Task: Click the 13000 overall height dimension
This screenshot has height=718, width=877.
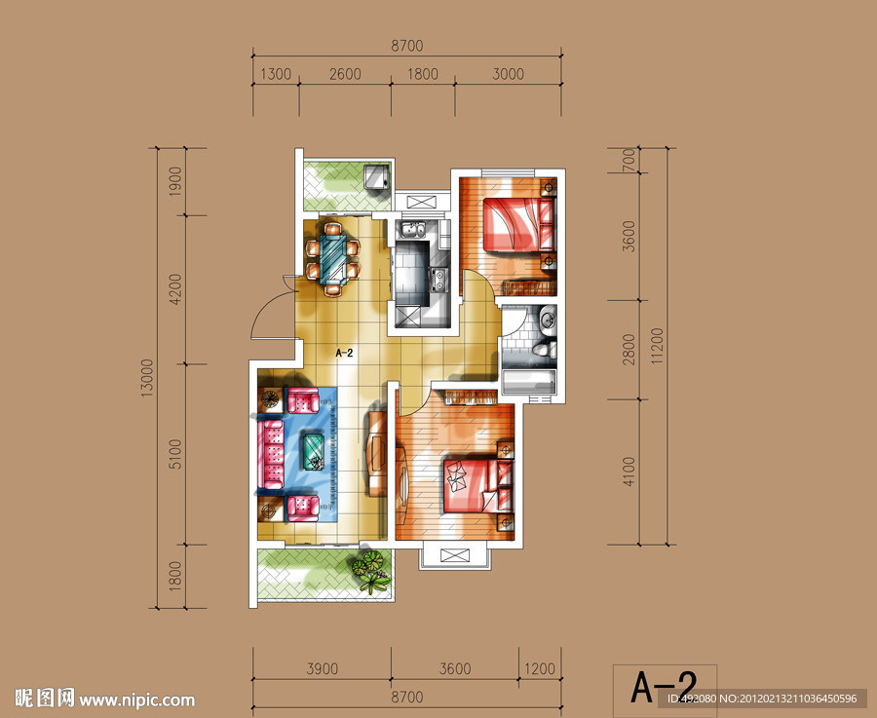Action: tap(146, 378)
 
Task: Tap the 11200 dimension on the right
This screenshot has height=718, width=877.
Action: tap(657, 346)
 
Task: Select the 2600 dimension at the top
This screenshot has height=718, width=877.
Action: tap(345, 74)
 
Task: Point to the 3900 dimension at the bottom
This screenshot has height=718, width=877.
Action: tap(323, 668)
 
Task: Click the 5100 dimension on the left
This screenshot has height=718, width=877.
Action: tap(175, 454)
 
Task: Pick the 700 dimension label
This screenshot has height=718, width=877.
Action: tap(629, 161)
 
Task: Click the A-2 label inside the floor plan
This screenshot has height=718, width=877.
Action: tap(345, 353)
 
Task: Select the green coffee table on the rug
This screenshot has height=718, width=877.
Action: tap(314, 452)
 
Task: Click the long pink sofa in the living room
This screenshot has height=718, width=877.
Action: tap(271, 455)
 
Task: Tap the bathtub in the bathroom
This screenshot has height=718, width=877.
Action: tap(528, 381)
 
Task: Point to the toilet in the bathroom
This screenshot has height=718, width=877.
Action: tap(544, 351)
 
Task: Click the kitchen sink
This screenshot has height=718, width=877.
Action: tap(413, 230)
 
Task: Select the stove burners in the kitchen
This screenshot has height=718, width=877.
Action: tap(438, 280)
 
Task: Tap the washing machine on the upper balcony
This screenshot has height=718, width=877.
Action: tap(376, 178)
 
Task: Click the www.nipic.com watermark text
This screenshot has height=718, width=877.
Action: tap(137, 700)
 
